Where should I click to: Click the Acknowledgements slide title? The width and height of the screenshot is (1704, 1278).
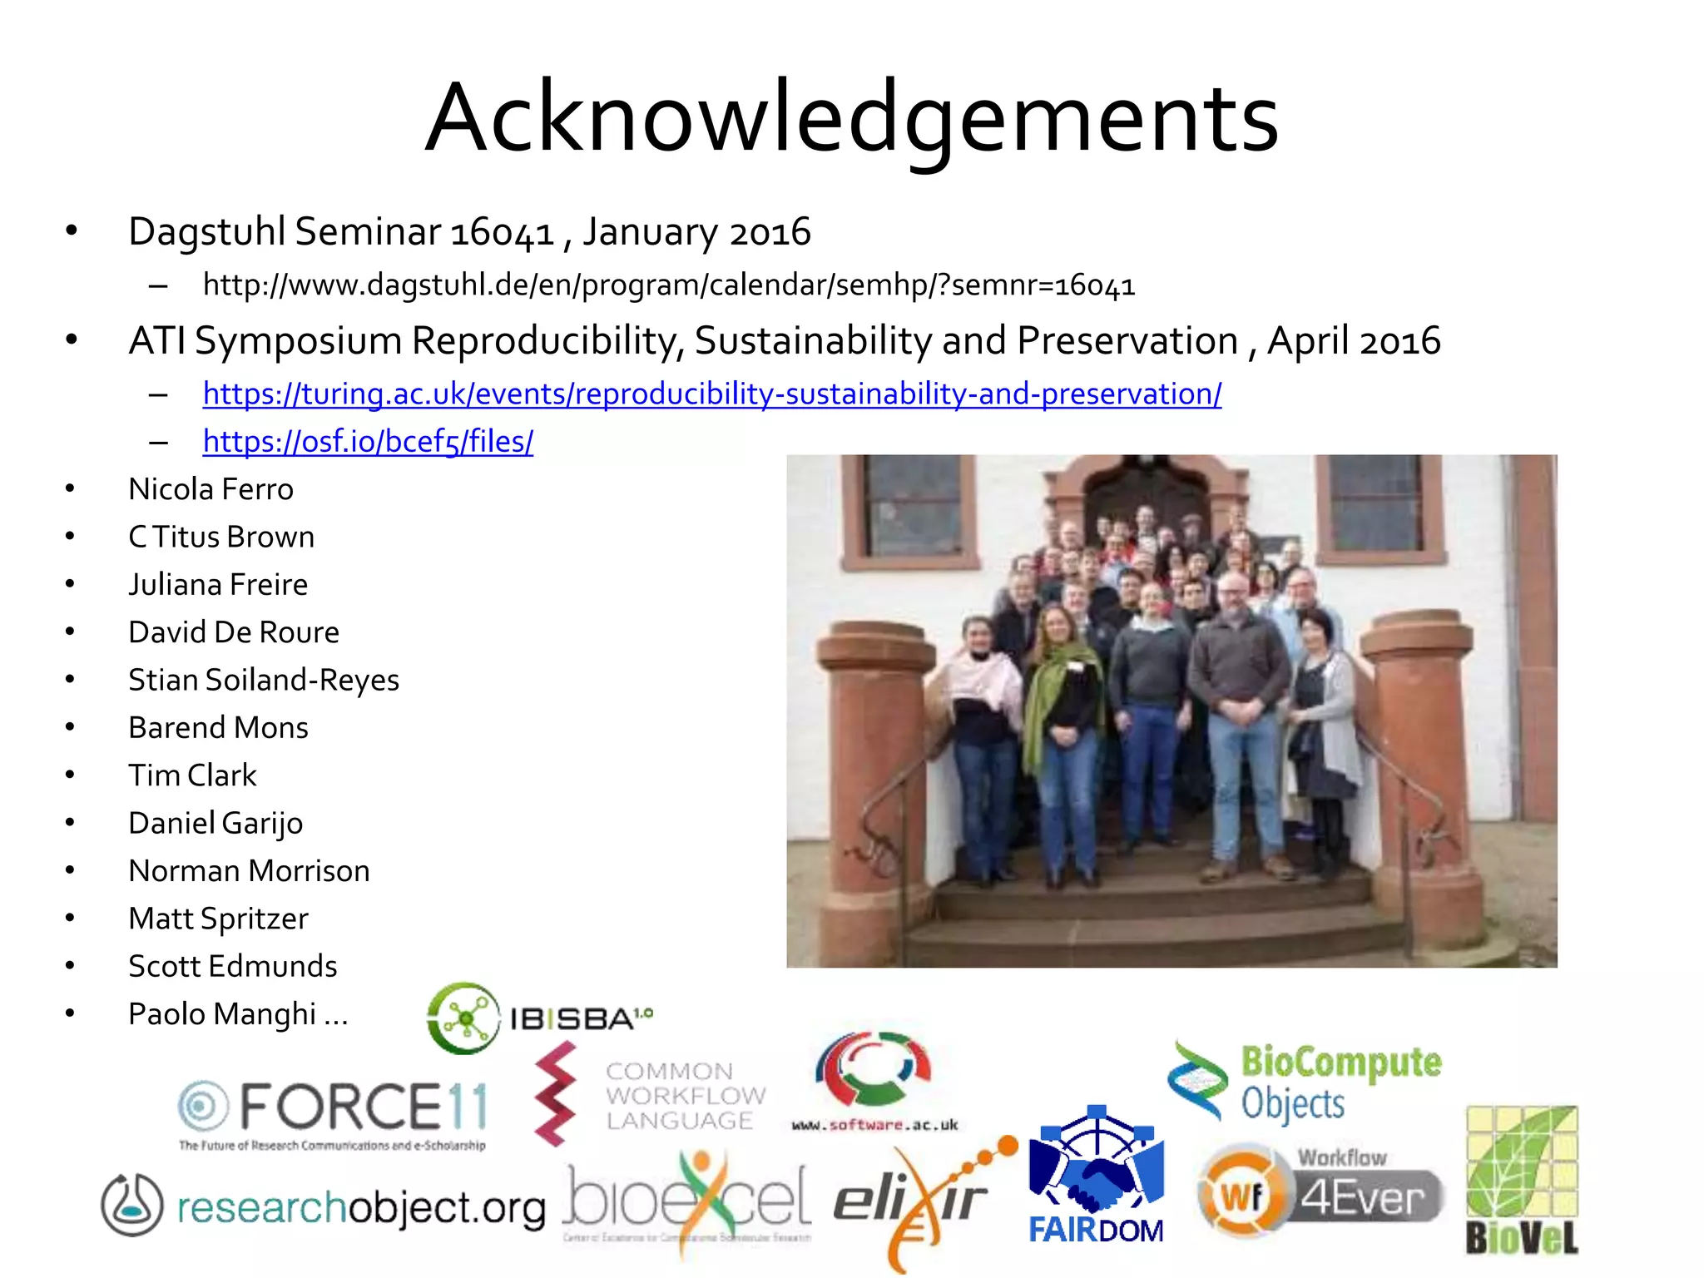[851, 117]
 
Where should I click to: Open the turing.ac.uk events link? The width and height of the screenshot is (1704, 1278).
[711, 394]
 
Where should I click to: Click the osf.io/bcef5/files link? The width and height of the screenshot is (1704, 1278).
[368, 441]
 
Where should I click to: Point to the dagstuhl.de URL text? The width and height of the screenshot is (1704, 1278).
[668, 285]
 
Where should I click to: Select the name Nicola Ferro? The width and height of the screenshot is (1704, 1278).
[211, 489]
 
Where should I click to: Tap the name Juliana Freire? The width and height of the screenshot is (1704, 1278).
[218, 585]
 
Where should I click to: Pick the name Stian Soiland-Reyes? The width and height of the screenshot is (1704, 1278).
[264, 680]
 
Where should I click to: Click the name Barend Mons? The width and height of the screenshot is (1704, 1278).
[218, 728]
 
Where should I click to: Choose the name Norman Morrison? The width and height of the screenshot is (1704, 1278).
[249, 871]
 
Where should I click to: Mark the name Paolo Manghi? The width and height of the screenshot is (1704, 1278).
[237, 1014]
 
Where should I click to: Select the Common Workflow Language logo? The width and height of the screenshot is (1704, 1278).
[649, 1094]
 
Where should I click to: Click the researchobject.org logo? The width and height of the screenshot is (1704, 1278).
[324, 1206]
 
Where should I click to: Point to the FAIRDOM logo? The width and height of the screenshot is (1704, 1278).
[1096, 1177]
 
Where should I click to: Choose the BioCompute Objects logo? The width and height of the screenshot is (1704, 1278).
[1306, 1082]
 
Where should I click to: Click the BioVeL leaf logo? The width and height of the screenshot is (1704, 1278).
[1522, 1180]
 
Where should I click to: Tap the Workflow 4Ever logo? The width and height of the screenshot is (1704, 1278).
[1321, 1194]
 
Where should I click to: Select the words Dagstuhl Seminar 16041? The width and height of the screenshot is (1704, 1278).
[341, 231]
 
